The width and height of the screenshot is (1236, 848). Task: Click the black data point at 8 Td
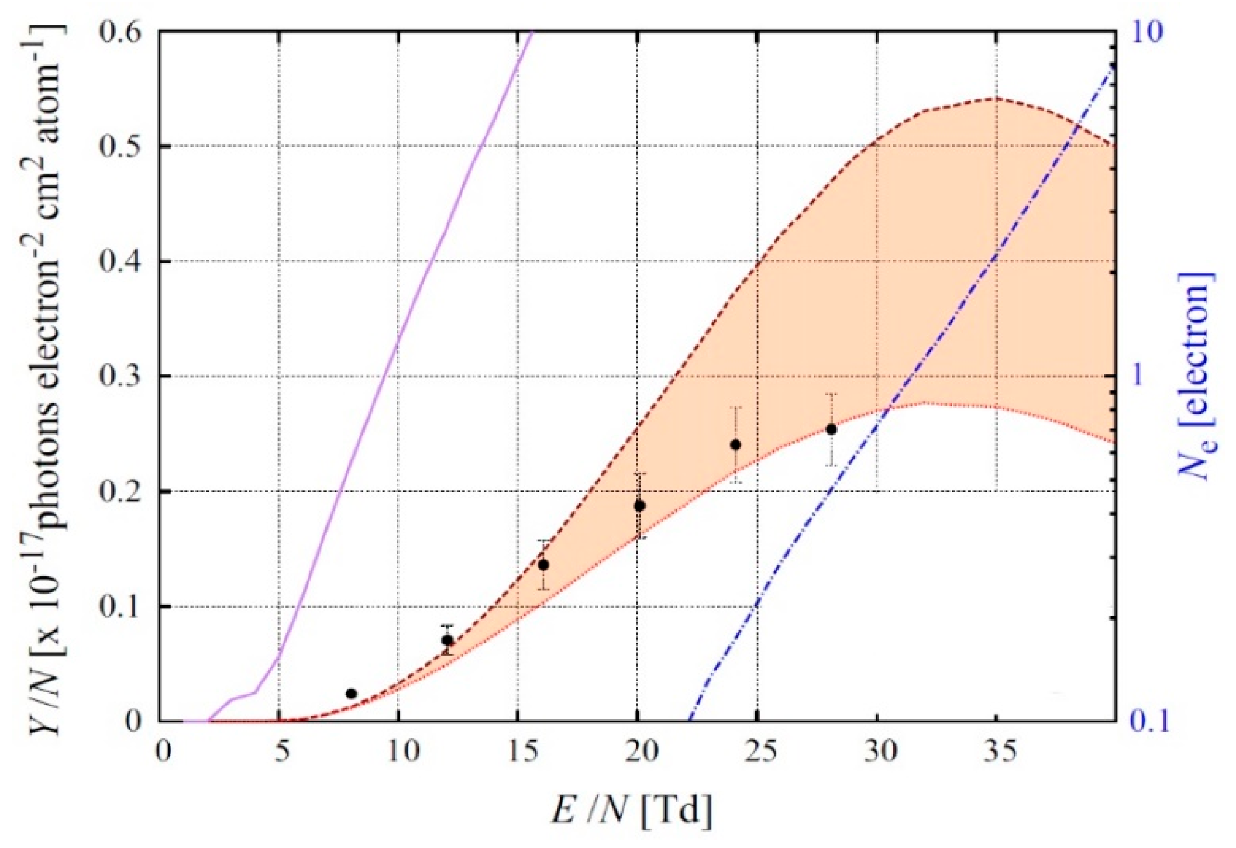coord(351,694)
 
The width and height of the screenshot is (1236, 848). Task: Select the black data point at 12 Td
coord(447,640)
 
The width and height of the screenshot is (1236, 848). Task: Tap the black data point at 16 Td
coord(543,565)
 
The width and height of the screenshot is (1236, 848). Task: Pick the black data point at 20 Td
coord(639,506)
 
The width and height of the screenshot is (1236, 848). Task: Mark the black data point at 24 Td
coord(736,445)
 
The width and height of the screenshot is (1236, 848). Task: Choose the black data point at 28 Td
coord(831,429)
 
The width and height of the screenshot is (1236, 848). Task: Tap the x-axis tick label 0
coord(162,753)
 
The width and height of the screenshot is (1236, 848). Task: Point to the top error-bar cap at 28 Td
coord(831,394)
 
